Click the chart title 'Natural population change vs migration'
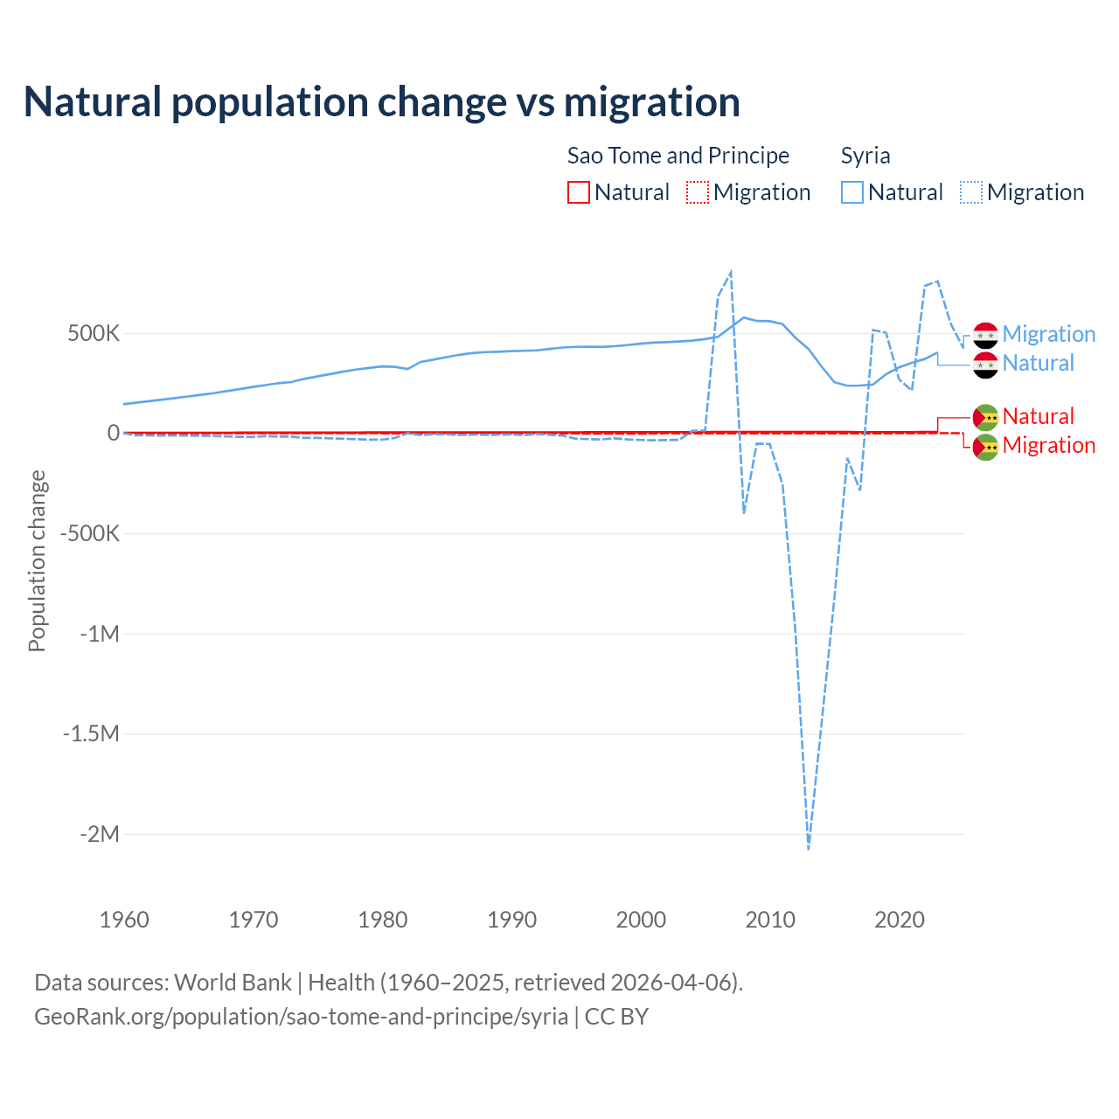pyautogui.click(x=382, y=102)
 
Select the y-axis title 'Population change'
pyautogui.click(x=37, y=560)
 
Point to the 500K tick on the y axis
pyautogui.click(x=94, y=334)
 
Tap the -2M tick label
pyautogui.click(x=99, y=834)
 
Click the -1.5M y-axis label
pyautogui.click(x=91, y=733)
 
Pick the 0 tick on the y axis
pyautogui.click(x=114, y=434)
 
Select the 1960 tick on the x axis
pyautogui.click(x=124, y=920)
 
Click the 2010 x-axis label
pyautogui.click(x=770, y=920)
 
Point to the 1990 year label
pyautogui.click(x=511, y=920)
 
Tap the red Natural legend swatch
pyautogui.click(x=579, y=192)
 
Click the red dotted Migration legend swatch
pyautogui.click(x=698, y=192)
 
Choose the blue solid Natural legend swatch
pyautogui.click(x=852, y=192)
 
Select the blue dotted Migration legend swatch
pyautogui.click(x=971, y=192)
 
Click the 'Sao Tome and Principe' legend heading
pyautogui.click(x=678, y=156)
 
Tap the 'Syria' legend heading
pyautogui.click(x=865, y=156)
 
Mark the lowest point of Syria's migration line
pyautogui.click(x=809, y=848)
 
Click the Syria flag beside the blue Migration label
pyautogui.click(x=985, y=335)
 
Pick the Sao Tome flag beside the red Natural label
pyautogui.click(x=985, y=417)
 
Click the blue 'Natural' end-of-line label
pyautogui.click(x=1038, y=364)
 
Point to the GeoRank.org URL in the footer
pyautogui.click(x=301, y=1017)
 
